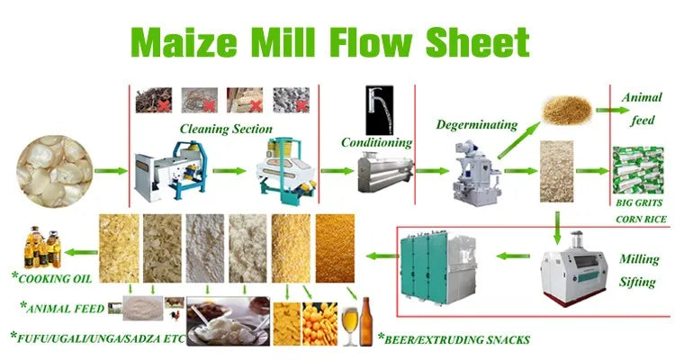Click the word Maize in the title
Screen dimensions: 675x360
184,41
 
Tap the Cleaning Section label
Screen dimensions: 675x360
226,129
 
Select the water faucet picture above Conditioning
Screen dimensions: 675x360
379,110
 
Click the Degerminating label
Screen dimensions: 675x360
476,125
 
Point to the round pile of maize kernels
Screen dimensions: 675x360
55,171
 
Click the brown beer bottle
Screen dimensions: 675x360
366,321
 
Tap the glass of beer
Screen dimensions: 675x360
349,326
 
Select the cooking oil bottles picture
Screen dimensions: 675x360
42,247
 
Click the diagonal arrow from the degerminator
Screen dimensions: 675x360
518,140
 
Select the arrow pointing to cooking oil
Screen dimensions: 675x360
81,252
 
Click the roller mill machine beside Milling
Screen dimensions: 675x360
574,271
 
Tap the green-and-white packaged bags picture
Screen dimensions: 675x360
638,170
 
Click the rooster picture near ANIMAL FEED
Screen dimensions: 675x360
175,316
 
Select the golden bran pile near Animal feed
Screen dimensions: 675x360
566,110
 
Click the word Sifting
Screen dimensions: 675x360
637,282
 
